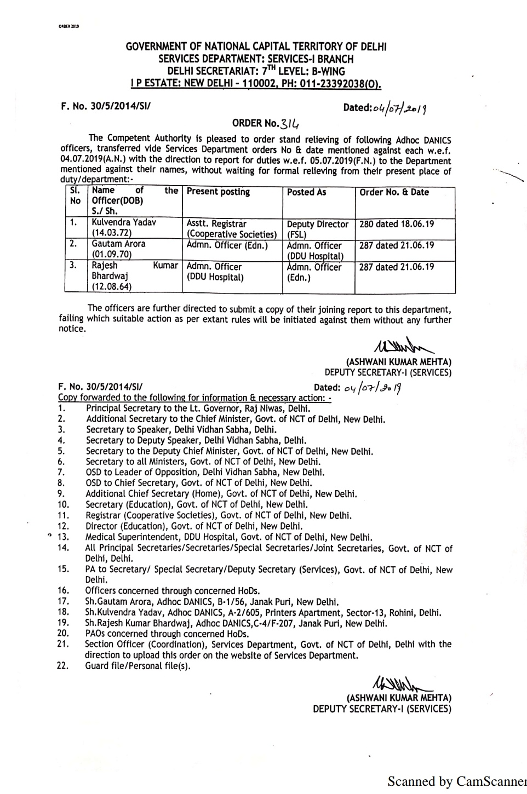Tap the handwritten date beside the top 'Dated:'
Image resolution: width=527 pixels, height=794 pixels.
coord(399,108)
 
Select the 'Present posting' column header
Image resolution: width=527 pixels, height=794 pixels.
coord(218,192)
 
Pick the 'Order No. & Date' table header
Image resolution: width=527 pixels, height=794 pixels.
coord(394,192)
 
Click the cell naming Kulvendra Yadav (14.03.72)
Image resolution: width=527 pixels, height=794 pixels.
coord(124,228)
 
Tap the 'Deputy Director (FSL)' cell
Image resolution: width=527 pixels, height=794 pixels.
coord(317,229)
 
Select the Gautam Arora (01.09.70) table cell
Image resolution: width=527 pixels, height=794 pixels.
coord(118,249)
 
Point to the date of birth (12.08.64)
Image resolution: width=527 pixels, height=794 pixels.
coord(111,286)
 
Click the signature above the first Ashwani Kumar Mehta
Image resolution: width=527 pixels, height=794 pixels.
coord(403,347)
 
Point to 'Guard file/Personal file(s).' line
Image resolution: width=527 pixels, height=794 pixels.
coord(138,666)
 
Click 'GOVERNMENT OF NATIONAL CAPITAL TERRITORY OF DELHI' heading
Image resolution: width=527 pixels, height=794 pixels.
coord(256,47)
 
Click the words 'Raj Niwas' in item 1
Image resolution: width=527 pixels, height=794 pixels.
coord(263,408)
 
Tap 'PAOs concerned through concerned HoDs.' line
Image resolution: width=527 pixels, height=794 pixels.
coord(167,634)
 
